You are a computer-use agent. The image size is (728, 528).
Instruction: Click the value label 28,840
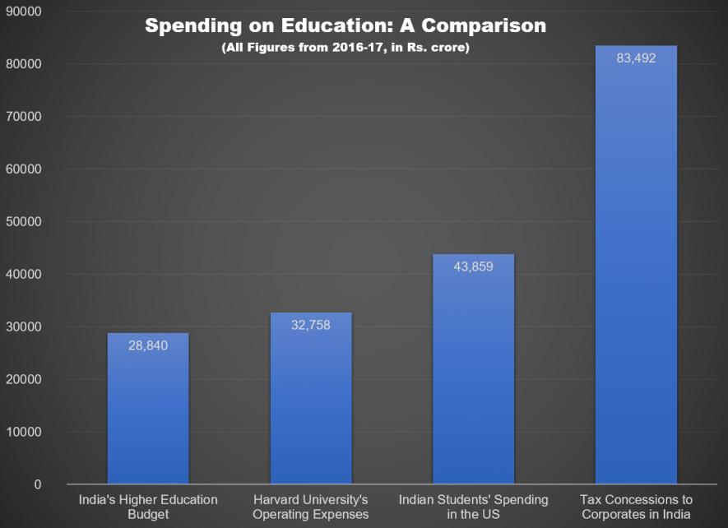click(148, 345)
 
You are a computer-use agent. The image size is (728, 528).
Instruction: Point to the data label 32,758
click(310, 325)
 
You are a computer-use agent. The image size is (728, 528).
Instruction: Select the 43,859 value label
click(473, 266)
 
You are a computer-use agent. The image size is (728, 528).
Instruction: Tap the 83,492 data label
click(636, 58)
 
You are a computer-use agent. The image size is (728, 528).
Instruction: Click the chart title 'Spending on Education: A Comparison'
click(345, 26)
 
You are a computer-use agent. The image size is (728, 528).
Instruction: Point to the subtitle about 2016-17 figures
click(345, 48)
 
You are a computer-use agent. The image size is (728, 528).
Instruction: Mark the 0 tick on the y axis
click(38, 484)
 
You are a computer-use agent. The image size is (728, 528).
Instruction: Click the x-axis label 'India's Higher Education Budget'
click(148, 507)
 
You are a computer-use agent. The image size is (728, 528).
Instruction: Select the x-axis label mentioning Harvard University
click(310, 507)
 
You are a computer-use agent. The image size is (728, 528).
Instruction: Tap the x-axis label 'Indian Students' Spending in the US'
click(473, 507)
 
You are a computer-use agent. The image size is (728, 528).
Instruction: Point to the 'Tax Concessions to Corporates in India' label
click(636, 507)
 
